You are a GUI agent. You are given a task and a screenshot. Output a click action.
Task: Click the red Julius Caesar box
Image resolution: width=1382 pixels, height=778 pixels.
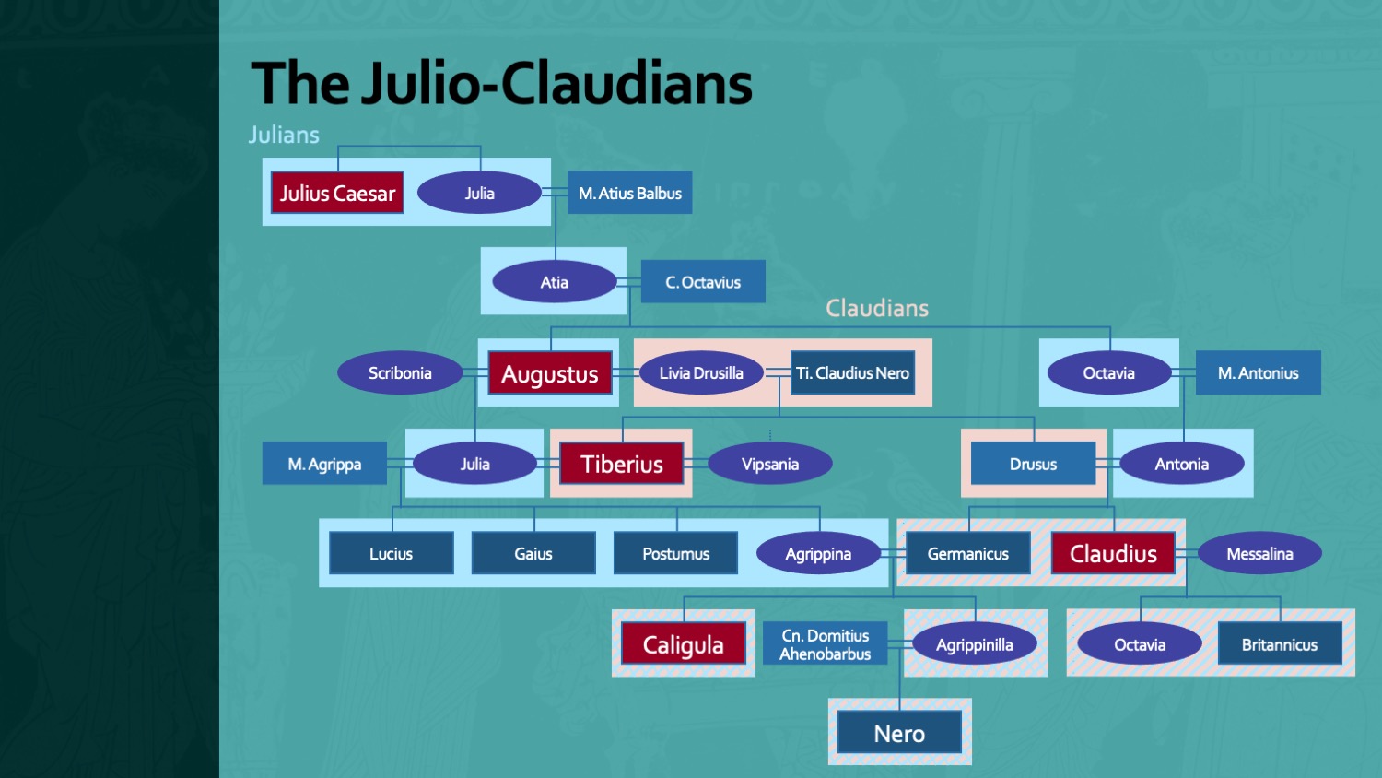coord(337,193)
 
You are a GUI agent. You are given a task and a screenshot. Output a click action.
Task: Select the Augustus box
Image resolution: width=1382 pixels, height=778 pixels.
coord(550,373)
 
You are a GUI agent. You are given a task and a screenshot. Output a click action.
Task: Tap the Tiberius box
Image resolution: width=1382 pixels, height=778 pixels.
coord(622,464)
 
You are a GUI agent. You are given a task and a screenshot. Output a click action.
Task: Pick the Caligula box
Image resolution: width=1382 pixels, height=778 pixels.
coord(683,644)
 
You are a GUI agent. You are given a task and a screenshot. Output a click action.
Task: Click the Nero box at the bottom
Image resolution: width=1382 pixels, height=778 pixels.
coord(899,733)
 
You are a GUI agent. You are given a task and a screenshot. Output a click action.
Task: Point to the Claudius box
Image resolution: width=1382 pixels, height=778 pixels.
coord(1113,553)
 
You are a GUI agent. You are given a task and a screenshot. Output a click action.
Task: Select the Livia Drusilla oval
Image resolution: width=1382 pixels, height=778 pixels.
coord(701,373)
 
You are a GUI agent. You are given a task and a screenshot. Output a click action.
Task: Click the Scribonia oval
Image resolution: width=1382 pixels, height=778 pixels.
coord(400,373)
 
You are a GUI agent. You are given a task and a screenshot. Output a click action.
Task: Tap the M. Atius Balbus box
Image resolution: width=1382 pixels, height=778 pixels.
coord(630,193)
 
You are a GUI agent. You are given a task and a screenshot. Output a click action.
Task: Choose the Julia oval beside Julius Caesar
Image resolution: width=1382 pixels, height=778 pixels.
coord(479,193)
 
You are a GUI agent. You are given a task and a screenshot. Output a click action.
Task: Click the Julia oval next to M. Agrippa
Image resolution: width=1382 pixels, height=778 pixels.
coord(474,464)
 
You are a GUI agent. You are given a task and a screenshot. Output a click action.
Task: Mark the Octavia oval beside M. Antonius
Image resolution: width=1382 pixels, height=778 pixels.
coord(1108,373)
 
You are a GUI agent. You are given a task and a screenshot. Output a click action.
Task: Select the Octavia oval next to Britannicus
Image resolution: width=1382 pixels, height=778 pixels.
coord(1140,644)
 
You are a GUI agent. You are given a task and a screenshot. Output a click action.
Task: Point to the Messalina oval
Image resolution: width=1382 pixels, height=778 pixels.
coord(1259,553)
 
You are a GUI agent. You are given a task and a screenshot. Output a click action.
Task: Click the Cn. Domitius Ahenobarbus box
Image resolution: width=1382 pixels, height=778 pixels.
coord(825,643)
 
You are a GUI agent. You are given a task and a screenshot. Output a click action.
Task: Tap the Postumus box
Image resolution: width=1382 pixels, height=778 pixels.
coord(675,553)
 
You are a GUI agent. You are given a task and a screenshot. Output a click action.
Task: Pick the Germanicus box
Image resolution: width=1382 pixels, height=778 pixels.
coord(967,553)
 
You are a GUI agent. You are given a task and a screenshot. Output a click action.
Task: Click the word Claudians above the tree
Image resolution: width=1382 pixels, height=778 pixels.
coord(877,308)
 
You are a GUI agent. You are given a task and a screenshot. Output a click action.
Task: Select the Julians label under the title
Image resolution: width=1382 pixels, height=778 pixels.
coord(284,135)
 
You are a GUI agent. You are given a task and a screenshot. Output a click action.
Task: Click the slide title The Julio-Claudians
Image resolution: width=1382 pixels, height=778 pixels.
coord(501,83)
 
